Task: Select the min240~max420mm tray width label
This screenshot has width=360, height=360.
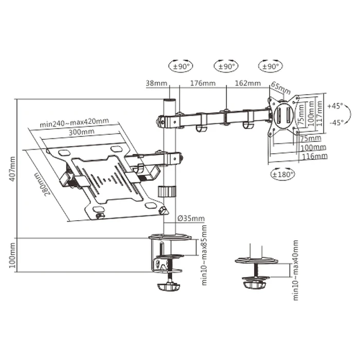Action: tap(74, 122)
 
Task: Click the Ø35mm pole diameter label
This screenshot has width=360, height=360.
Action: tap(191, 219)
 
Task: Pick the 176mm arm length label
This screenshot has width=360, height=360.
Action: tap(203, 83)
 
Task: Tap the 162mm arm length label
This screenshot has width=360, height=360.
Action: tap(247, 83)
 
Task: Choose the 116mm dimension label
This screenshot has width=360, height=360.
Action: tap(314, 155)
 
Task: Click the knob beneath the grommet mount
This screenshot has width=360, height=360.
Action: tap(255, 282)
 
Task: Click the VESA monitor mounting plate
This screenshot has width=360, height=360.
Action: tap(282, 114)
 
